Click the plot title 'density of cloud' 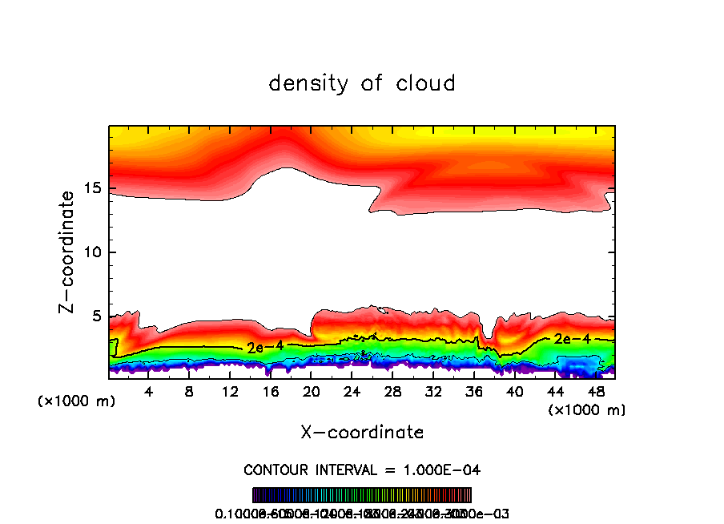pyautogui.click(x=362, y=83)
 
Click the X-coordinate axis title pyautogui.click(x=362, y=433)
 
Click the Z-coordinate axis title pyautogui.click(x=69, y=252)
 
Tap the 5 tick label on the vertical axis pyautogui.click(x=94, y=316)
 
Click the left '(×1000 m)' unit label pyautogui.click(x=77, y=401)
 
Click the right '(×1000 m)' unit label pyautogui.click(x=586, y=409)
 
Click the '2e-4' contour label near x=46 pyautogui.click(x=572, y=339)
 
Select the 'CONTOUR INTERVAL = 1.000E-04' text pyautogui.click(x=362, y=470)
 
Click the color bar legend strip pyautogui.click(x=362, y=495)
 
